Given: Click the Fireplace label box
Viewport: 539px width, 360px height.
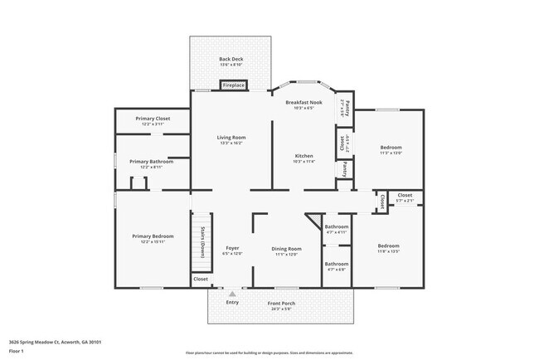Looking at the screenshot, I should pos(233,85).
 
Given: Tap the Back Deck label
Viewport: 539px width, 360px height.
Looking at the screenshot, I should pos(231,60).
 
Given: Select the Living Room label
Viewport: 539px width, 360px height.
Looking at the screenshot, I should pos(231,138).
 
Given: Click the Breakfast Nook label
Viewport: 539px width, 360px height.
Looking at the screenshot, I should pos(304,103).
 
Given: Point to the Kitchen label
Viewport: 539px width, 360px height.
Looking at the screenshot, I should pos(304,157).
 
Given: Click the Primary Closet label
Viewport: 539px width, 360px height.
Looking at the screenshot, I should pos(153,119).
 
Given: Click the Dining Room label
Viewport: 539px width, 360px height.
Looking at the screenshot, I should pos(286,250).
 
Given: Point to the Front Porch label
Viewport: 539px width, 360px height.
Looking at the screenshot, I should pos(281,304).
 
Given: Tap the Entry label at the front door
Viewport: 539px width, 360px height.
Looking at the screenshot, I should pos(232,302).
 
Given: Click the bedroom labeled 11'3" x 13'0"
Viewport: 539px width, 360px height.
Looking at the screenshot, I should pos(390,149).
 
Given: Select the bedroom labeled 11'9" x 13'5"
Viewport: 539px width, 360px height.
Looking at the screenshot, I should pos(389,247).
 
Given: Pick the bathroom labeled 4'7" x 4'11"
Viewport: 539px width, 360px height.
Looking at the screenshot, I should pos(336,228).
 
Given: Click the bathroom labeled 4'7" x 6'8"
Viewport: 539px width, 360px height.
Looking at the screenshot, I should pos(336,265).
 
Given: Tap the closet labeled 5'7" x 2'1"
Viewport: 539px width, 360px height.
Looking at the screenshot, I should pos(405,197).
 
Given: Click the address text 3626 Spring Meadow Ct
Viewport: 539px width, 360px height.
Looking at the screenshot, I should pos(55,341).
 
